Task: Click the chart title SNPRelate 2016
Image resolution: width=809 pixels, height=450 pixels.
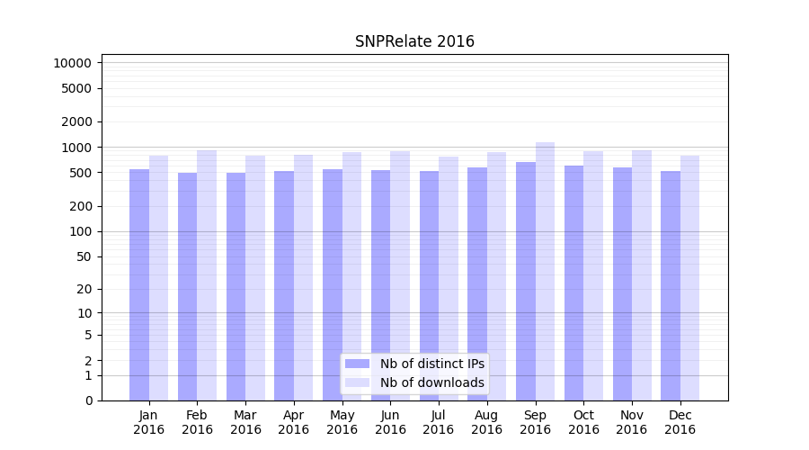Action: point(414,41)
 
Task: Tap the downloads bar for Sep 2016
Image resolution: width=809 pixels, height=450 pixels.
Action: point(545,271)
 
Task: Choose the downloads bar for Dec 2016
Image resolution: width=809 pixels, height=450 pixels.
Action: point(689,278)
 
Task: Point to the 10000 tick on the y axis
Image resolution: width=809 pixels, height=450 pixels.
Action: point(72,63)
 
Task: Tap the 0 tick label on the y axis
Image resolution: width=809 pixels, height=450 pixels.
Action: point(88,400)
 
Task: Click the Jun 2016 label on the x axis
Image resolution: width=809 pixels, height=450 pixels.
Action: point(390,422)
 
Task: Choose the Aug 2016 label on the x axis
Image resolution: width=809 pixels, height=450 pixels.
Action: point(486,422)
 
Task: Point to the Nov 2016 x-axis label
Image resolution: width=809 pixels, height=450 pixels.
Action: point(631,422)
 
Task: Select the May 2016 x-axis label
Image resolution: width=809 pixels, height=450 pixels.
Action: point(342,422)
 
